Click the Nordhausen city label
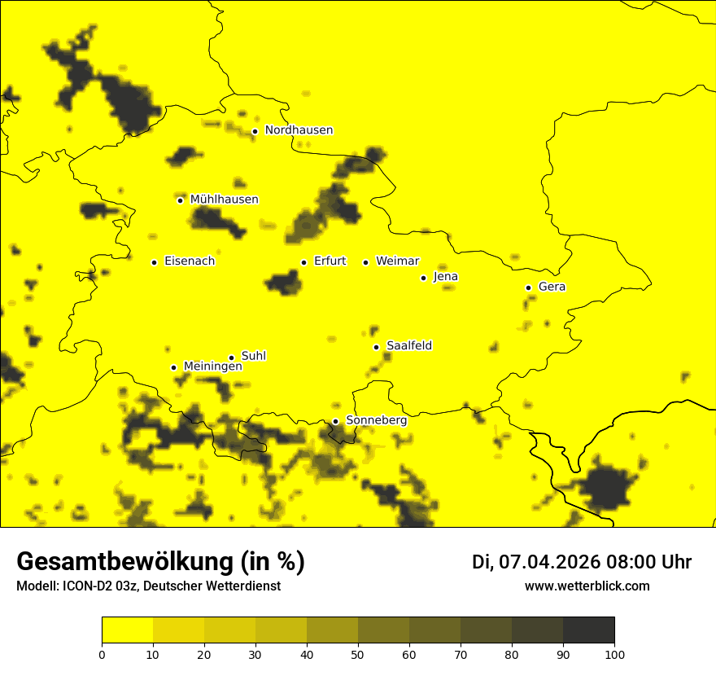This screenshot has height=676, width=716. click(299, 130)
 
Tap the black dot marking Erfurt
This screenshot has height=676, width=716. click(303, 262)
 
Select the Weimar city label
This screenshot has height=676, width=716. click(397, 261)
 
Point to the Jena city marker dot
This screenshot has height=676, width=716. click(423, 278)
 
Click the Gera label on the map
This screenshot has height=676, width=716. click(552, 287)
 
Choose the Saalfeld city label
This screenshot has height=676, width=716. click(409, 346)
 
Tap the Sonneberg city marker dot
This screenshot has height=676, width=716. click(335, 421)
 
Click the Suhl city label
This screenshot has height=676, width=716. click(254, 356)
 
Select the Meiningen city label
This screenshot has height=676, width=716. click(212, 367)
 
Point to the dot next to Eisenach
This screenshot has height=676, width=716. click(154, 262)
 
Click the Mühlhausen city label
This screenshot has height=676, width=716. click(224, 200)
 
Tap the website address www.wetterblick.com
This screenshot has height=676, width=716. click(587, 586)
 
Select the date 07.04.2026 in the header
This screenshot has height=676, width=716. click(549, 562)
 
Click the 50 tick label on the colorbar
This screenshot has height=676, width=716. click(358, 653)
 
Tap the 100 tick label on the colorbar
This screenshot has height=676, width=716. click(614, 653)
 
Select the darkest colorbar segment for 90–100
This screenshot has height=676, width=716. click(588, 630)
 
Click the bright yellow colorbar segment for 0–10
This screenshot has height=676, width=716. click(127, 630)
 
